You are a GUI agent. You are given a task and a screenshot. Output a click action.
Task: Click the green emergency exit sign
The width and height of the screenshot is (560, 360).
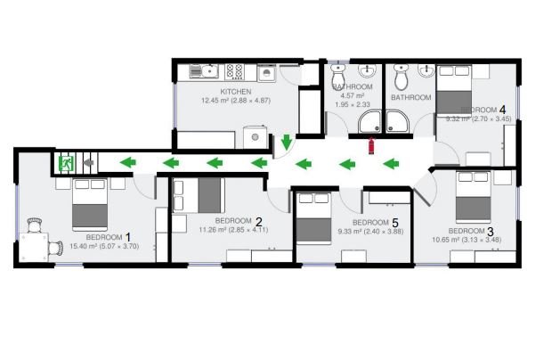(66, 163)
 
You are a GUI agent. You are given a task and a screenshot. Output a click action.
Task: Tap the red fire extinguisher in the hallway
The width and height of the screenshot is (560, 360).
(371, 145)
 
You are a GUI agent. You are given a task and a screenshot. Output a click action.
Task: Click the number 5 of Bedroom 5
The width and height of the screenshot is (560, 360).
(394, 222)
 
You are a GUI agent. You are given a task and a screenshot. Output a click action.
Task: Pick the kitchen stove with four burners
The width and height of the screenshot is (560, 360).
(236, 70)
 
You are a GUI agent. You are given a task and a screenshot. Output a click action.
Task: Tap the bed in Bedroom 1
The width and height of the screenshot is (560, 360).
(90, 204)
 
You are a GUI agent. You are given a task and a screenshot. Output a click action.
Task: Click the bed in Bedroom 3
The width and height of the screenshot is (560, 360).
(472, 199)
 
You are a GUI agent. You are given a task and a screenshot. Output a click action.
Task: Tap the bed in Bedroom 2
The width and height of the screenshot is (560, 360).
(206, 195)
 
